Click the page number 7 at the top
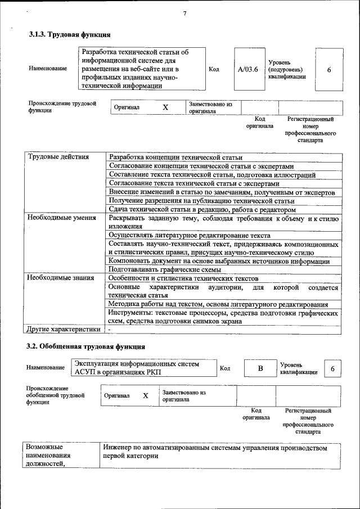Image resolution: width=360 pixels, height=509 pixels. (184, 13)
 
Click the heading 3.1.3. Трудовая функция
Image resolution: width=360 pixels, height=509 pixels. (70, 35)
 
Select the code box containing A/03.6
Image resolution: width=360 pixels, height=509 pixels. (248, 69)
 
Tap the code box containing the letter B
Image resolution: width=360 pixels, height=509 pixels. (260, 368)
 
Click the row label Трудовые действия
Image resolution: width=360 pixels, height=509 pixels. (58, 157)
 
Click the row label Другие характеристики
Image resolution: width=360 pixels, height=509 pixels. (64, 329)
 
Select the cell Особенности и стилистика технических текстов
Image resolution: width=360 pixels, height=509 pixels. (183, 278)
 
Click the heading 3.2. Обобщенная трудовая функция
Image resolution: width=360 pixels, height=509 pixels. (87, 346)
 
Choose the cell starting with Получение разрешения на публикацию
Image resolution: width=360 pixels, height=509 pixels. (202, 201)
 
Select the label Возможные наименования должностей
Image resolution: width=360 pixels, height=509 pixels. (48, 455)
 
